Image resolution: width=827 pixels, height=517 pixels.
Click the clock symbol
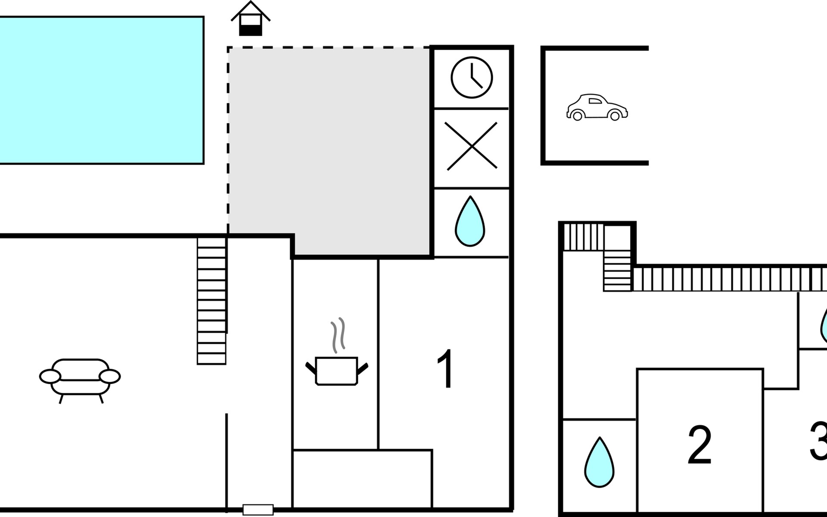[471, 78]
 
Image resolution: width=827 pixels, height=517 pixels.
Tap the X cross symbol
[471, 146]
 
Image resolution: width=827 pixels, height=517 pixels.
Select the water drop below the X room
[470, 222]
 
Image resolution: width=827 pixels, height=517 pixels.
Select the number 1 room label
[445, 369]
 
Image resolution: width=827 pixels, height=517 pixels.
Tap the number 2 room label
[700, 445]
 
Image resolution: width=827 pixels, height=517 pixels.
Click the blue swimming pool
[101, 90]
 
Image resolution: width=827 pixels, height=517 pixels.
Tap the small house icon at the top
[251, 19]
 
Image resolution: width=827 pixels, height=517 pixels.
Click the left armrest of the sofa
[50, 377]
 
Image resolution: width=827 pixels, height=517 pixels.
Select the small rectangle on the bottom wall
[258, 510]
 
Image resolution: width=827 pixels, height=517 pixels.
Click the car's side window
[595, 101]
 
